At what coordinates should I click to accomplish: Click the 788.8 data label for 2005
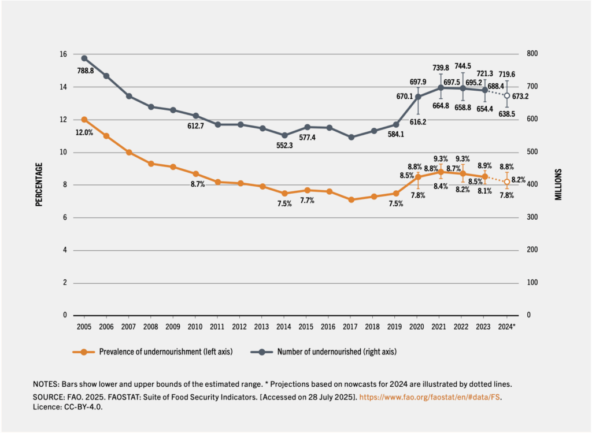84,71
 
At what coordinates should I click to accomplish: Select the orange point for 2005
84,120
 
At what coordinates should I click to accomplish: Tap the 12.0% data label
84,132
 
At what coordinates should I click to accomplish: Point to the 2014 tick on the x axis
284,327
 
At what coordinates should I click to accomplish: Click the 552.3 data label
284,146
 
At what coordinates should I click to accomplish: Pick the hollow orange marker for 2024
507,182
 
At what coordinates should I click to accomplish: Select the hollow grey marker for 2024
507,95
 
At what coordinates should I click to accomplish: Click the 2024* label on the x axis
508,327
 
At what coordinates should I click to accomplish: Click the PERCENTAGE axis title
39,184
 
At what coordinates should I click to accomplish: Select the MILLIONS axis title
558,184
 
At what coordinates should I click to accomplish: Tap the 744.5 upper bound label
462,66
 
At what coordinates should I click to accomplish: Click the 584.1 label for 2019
395,135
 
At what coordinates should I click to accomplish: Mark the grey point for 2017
351,137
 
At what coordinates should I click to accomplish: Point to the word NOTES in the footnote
45,384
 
